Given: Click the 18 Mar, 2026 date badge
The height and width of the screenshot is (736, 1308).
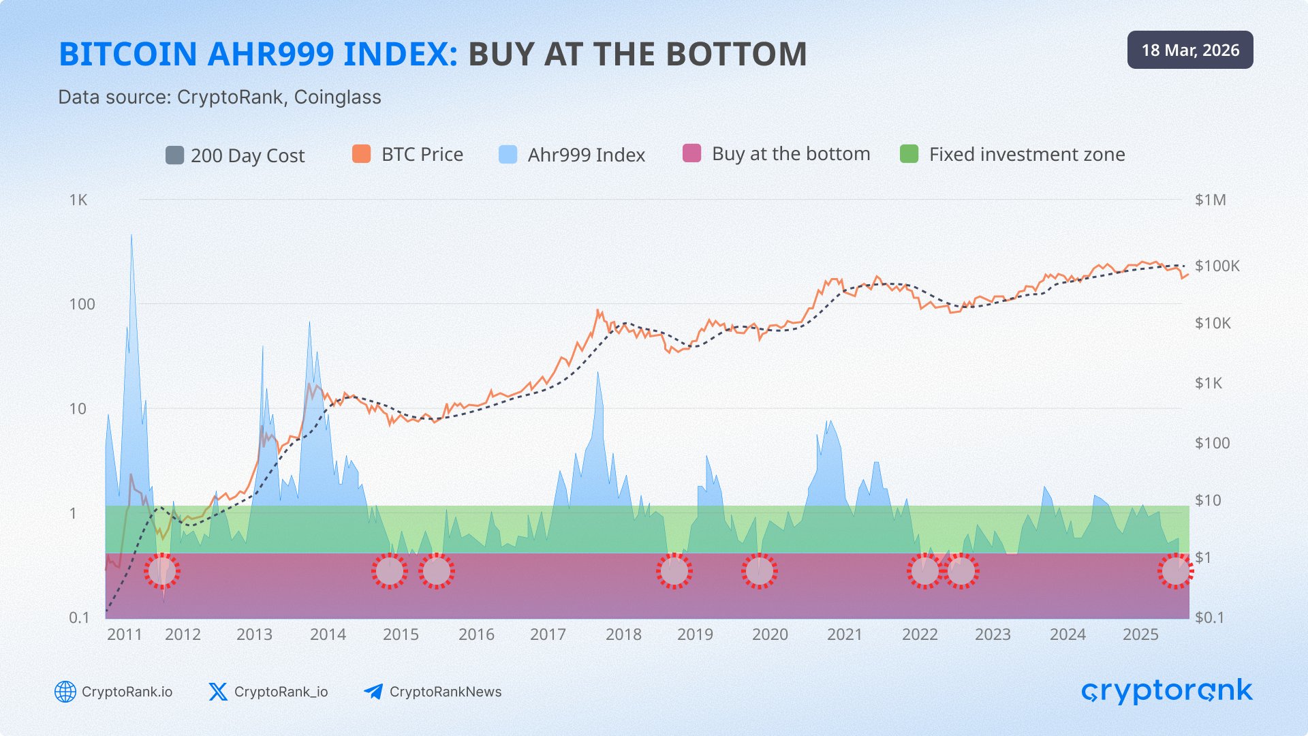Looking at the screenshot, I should [1189, 50].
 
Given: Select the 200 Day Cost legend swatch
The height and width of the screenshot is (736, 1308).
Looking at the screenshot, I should [174, 155].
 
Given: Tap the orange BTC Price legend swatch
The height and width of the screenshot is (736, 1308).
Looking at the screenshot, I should [361, 154].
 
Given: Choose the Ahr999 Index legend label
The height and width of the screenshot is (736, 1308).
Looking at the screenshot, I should [586, 155].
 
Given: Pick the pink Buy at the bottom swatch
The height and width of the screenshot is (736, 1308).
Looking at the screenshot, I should [691, 153].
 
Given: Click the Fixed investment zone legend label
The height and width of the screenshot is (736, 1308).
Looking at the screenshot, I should [1027, 154].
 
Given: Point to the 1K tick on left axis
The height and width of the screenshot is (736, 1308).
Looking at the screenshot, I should [78, 200].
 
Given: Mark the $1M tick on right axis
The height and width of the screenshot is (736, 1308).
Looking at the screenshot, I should [1210, 200].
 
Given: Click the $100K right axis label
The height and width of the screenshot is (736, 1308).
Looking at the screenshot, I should [1217, 266].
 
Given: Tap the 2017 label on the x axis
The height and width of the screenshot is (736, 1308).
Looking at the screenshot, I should [548, 634].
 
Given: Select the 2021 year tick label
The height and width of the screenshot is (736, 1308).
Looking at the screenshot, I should [845, 634].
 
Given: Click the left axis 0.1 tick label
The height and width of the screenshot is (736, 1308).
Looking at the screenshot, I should [79, 617].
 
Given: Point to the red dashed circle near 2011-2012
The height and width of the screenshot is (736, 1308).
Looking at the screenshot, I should [162, 571].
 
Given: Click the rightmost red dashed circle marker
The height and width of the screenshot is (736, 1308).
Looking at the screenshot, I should [1175, 571].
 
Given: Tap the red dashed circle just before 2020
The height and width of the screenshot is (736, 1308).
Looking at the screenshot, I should [759, 571].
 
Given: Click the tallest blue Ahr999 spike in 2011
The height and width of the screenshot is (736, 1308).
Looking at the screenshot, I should [131, 239].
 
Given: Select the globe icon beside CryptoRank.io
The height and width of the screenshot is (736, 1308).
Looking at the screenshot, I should [65, 692].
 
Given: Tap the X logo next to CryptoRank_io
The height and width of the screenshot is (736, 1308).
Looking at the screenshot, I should [218, 692].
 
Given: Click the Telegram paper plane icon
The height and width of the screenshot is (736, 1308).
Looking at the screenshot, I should [373, 692].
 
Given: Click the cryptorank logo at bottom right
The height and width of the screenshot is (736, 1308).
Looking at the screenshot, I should [1166, 691].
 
